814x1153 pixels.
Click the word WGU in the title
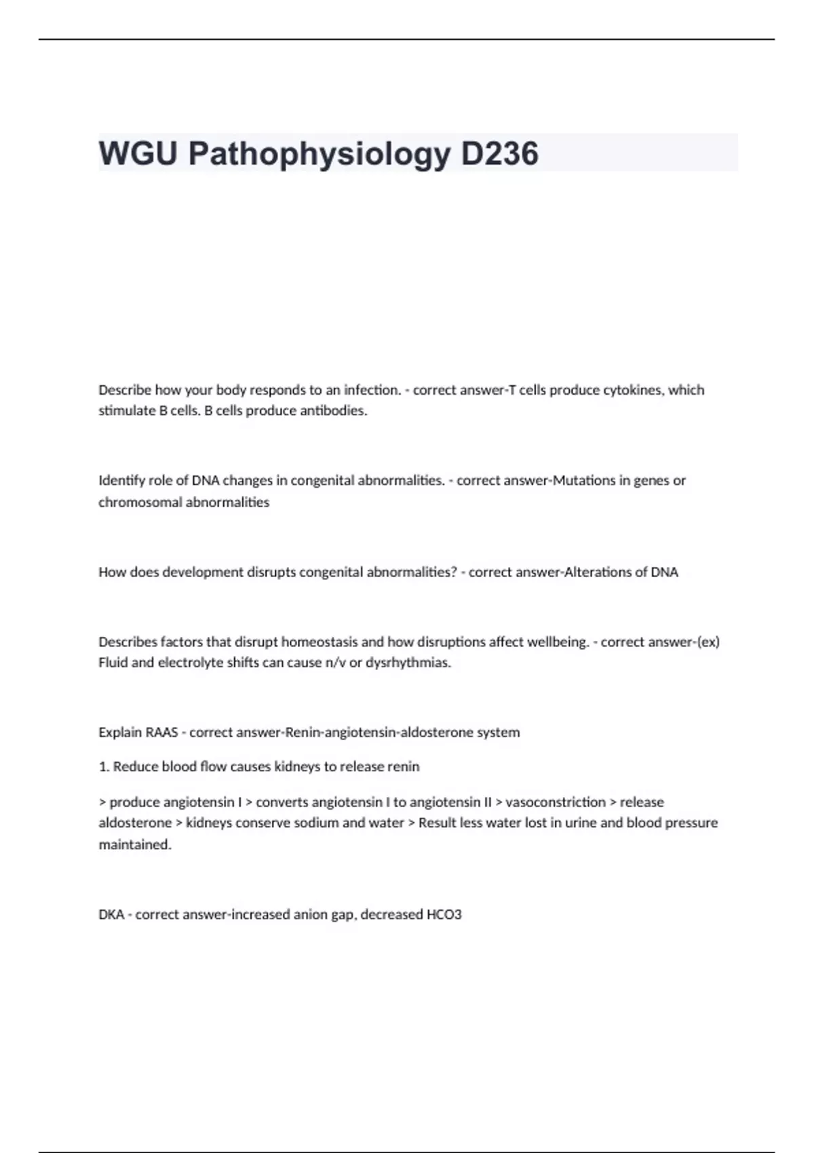[138, 153]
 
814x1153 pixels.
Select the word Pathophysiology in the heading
[319, 155]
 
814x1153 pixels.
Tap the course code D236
[500, 153]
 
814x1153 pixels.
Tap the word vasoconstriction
[556, 802]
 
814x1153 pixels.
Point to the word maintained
[135, 845]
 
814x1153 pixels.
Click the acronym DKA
[111, 915]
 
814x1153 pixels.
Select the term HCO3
[444, 915]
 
